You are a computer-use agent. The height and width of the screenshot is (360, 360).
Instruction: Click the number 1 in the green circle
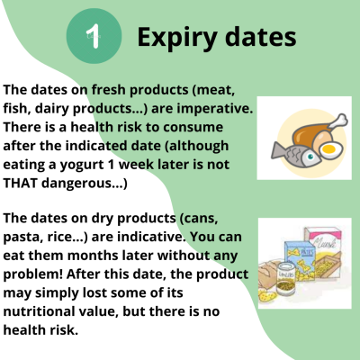click(94, 36)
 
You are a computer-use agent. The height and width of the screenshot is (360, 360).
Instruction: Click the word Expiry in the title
click(177, 38)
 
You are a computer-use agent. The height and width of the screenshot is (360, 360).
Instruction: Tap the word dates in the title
click(261, 36)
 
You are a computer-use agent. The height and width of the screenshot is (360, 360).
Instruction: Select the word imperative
click(215, 109)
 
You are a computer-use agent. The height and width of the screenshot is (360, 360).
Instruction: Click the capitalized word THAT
click(21, 183)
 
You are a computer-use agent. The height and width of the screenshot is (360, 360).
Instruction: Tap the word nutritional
click(39, 311)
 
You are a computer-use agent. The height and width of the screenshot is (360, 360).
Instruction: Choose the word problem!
click(33, 274)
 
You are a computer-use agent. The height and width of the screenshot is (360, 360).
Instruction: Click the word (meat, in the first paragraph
click(213, 90)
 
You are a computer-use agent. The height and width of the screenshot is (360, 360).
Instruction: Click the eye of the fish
click(310, 157)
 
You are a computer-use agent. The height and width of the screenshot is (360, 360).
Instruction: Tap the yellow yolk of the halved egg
click(328, 148)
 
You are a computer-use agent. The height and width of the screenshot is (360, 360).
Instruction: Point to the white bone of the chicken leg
click(338, 121)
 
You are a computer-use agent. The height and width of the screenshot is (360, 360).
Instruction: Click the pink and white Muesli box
click(323, 248)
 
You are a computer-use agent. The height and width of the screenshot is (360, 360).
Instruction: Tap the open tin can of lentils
click(285, 277)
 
